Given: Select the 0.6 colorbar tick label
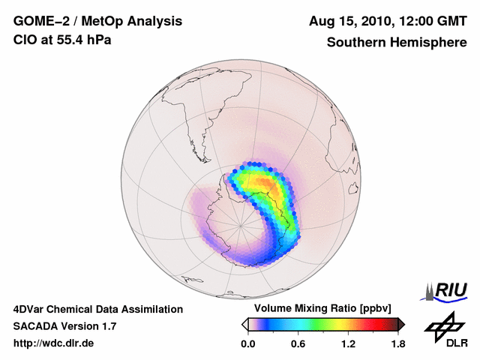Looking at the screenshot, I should [x=298, y=343].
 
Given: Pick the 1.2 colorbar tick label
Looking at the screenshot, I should [x=348, y=343].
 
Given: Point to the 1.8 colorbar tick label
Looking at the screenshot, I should [x=397, y=343].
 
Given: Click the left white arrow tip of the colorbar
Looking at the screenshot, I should [x=244, y=324].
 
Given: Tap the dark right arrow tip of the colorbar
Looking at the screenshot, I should [x=401, y=324].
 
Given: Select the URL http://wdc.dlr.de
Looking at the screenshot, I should [x=54, y=343].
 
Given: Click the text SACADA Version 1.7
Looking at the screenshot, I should [x=64, y=326].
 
